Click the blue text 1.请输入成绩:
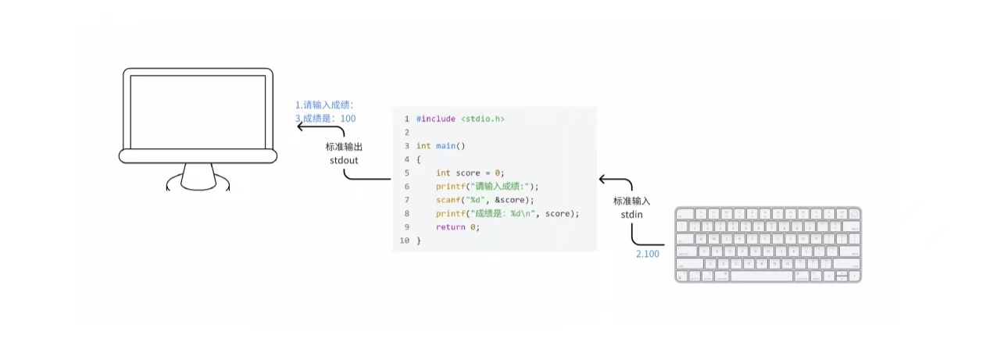(325, 105)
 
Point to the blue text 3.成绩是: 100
(325, 119)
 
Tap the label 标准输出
(344, 147)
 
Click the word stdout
(344, 160)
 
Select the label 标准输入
(631, 201)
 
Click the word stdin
(631, 214)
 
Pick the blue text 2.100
(648, 254)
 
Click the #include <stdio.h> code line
(460, 119)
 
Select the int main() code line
(441, 146)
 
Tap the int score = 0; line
(470, 173)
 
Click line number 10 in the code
(404, 241)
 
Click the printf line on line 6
(488, 187)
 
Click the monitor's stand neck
(198, 176)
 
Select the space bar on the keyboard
(761, 276)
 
